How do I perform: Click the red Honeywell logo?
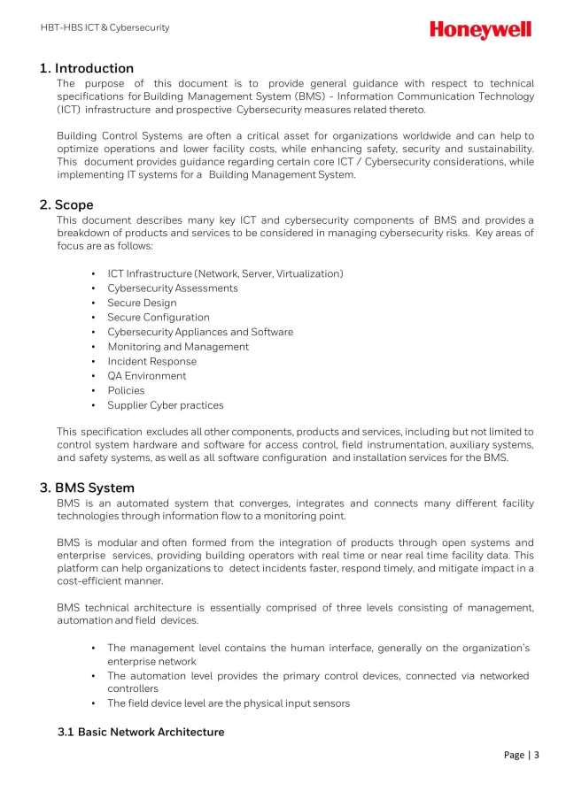480,30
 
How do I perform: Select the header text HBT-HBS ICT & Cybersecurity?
105,27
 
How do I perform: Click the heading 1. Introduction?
87,68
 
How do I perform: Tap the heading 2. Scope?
66,204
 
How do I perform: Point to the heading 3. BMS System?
87,488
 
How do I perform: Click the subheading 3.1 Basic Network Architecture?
141,732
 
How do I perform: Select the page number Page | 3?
521,755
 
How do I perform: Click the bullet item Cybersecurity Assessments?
172,288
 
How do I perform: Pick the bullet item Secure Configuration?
159,318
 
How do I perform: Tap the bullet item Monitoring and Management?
178,347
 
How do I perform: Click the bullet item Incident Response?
151,361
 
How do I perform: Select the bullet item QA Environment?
147,376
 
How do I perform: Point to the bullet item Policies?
126,390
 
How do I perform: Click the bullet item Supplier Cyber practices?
165,405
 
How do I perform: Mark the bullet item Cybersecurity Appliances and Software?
200,332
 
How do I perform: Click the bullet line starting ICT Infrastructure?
225,273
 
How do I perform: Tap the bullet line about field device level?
229,703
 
